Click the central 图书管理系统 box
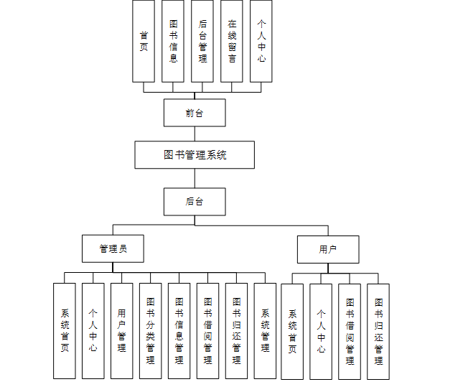pos(195,154)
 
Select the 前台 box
pos(195,113)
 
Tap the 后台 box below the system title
pos(195,202)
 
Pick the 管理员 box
pos(113,248)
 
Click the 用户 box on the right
pos(328,249)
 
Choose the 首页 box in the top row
pos(144,41)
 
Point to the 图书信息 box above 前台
pos(173,41)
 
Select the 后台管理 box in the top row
pos(202,41)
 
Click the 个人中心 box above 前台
pos(261,41)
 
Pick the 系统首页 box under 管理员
pos(65,330)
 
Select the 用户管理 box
pos(121,330)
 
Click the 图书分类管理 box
pos(150,330)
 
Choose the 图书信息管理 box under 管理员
pos(179,330)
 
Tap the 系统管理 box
pos(265,330)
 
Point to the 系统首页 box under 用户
pos(292,331)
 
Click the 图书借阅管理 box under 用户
pos(350,331)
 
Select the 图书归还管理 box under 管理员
pos(236,330)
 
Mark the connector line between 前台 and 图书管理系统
pos(195,134)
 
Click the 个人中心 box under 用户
pos(321,331)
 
